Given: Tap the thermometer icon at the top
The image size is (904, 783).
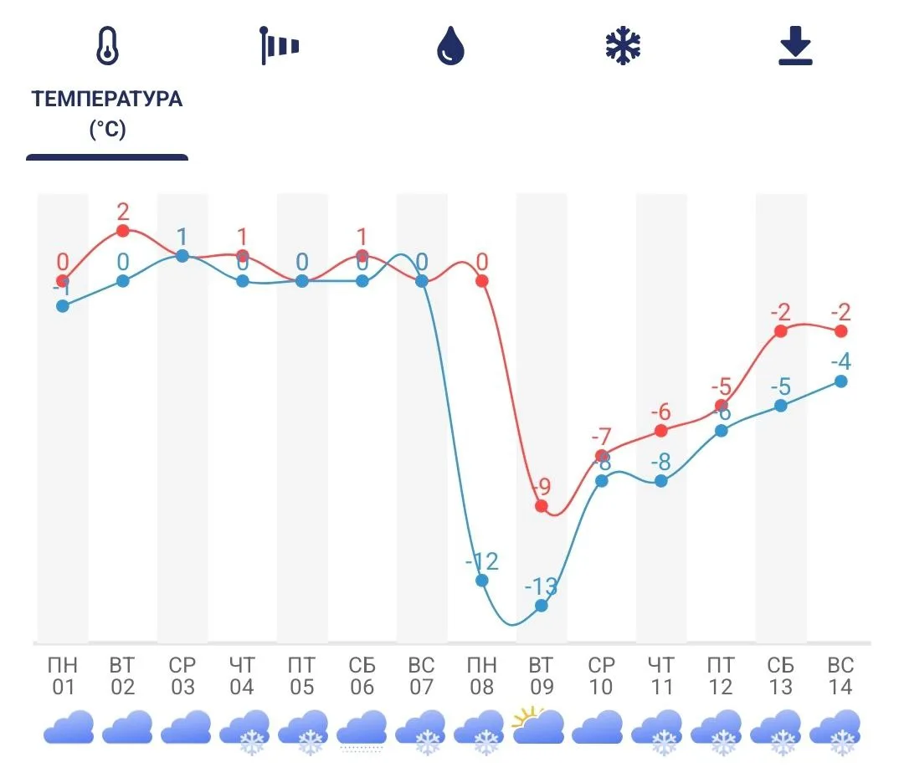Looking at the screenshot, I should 107,46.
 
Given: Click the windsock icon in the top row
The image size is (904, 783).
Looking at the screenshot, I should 279,46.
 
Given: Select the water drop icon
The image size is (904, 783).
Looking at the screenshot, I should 450,46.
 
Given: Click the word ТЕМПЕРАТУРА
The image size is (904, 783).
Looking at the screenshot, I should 107,99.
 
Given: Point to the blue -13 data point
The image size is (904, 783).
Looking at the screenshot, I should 542,605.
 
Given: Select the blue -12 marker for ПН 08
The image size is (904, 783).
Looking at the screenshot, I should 481,580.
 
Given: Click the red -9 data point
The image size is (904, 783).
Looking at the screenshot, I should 542,506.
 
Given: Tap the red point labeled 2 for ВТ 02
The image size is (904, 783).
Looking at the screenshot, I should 123,230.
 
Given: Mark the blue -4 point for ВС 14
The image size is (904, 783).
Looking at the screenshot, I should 841,381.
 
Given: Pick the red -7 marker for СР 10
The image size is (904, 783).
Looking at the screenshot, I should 602,456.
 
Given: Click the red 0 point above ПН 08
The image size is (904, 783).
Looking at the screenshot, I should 481,280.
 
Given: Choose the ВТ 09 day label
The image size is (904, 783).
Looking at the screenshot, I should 542,676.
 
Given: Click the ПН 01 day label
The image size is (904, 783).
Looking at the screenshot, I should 63,676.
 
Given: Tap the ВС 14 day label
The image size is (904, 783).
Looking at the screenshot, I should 841,676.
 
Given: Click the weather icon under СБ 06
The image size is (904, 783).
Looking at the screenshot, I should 362,728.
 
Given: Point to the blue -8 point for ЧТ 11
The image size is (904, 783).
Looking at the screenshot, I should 661,481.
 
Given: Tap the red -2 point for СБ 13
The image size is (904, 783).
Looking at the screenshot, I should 781,330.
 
